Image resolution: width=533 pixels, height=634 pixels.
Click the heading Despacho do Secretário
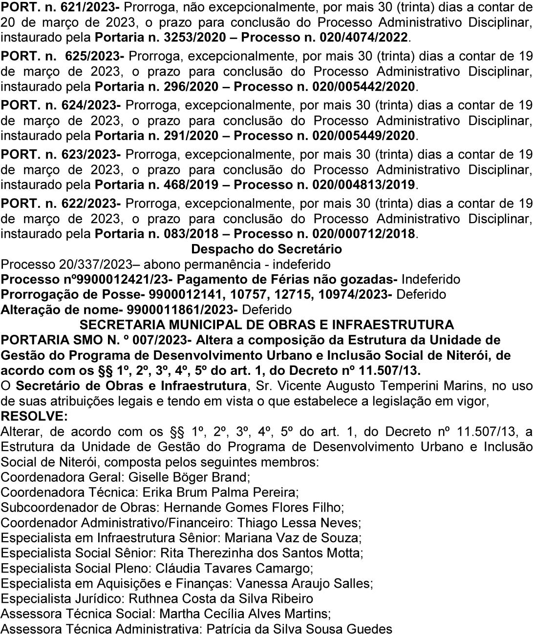(266, 249)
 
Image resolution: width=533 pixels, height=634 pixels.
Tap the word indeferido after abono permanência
(301, 265)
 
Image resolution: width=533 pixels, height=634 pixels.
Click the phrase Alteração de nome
(62, 310)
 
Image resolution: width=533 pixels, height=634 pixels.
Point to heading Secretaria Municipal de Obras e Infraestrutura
(266, 325)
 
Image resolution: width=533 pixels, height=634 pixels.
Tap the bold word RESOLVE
(35, 416)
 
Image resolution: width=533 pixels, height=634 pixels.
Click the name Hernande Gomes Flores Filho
(253, 507)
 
